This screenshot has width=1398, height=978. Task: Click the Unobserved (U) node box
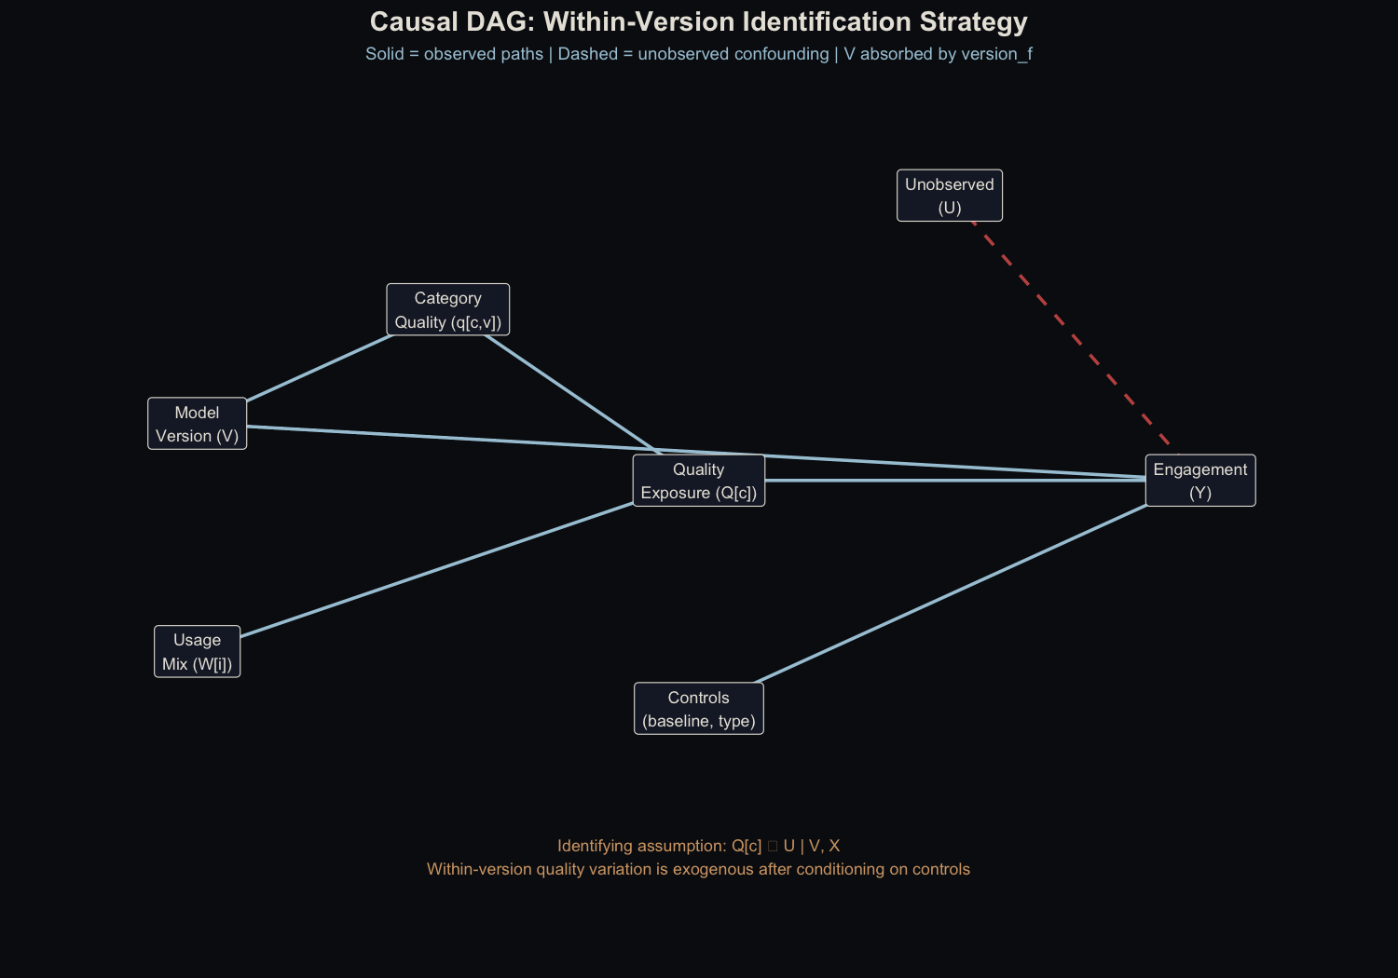[x=949, y=196]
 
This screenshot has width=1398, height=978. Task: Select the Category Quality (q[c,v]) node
[x=447, y=309]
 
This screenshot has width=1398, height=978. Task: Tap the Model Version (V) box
[x=197, y=424]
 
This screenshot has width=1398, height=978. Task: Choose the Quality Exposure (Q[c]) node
[x=698, y=481]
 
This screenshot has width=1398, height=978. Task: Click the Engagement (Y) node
[x=1199, y=481]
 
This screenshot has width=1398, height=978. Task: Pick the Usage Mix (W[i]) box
[x=197, y=651]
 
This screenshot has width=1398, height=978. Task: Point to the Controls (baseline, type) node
[x=698, y=709]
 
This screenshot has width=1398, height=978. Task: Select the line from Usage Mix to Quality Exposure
[x=436, y=570]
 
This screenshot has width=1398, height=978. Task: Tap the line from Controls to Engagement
[x=951, y=593]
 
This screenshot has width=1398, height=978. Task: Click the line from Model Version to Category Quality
[x=320, y=368]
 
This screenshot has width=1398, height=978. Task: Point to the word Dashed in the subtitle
[x=587, y=54]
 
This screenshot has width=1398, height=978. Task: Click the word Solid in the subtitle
[x=385, y=54]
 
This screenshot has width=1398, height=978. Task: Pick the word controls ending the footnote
[x=937, y=869]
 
